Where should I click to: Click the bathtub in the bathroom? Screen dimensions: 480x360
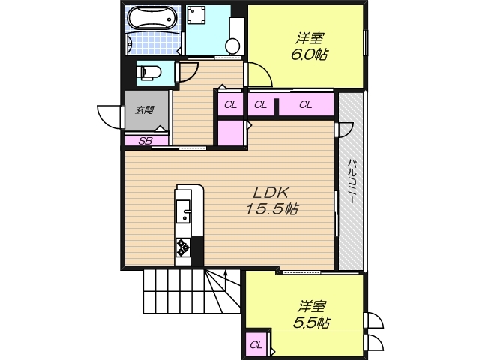click(x=152, y=18)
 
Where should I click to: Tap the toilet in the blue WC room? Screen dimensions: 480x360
click(x=148, y=73)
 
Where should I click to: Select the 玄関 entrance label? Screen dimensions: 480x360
click(x=145, y=110)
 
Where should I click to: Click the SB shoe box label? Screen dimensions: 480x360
click(x=145, y=141)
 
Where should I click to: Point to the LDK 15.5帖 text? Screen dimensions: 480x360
click(x=272, y=201)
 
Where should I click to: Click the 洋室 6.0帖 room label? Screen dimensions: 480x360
click(x=310, y=47)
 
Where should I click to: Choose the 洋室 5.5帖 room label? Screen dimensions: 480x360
click(x=312, y=314)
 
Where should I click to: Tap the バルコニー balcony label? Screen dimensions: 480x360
click(x=352, y=181)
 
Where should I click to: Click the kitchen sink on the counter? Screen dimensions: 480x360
click(x=183, y=211)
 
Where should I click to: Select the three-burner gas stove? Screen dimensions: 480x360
click(x=183, y=247)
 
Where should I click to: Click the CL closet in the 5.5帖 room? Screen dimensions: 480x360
click(x=256, y=345)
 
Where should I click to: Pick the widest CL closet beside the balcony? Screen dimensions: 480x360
click(x=306, y=105)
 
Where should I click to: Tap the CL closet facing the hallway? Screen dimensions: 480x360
click(x=230, y=105)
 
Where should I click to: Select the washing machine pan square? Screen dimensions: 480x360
click(x=196, y=15)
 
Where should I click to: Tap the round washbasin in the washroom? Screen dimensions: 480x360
click(x=233, y=46)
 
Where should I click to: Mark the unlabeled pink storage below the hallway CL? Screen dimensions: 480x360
click(x=230, y=133)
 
